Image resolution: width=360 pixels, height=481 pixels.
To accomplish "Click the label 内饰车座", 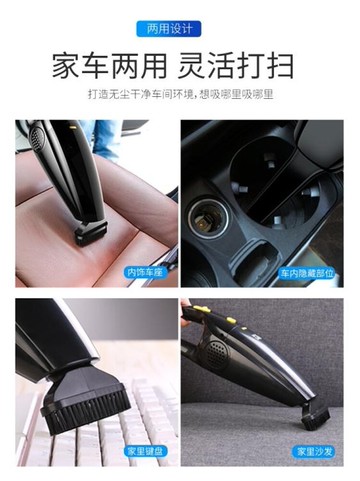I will point(145,271).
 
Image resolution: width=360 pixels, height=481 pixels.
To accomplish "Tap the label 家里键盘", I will point(145,450).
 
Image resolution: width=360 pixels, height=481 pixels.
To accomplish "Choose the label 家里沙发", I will point(312,450).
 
